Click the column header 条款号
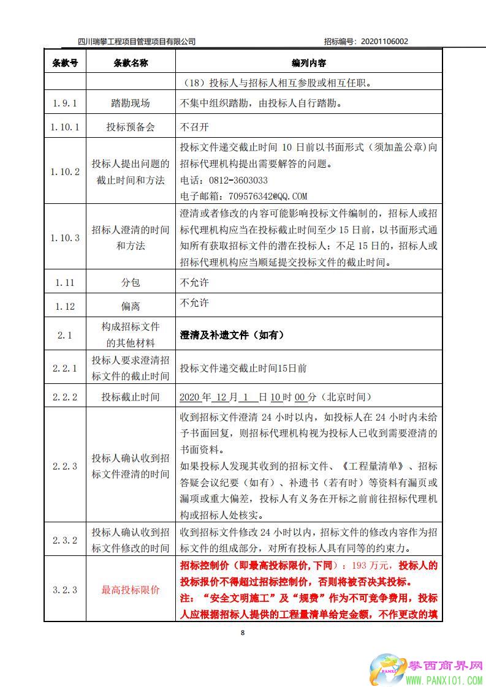[65, 63]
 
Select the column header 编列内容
[308, 63]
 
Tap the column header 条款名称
[131, 63]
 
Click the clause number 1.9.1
[65, 103]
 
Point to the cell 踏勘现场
[131, 103]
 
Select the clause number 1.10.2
[65, 172]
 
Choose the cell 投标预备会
[131, 127]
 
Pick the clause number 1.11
[65, 282]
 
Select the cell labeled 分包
[131, 282]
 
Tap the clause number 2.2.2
[65, 397]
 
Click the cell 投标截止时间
[131, 397]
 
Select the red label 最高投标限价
[131, 590]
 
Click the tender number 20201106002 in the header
[385, 42]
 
